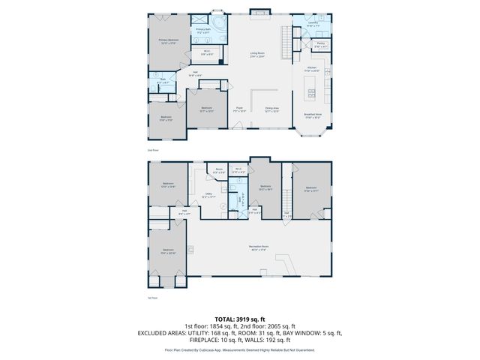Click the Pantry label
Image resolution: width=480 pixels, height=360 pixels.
pyautogui.click(x=320, y=45)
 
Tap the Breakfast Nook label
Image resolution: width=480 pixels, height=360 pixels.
pyautogui.click(x=313, y=116)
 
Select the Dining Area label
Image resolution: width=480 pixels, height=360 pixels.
pyautogui.click(x=272, y=109)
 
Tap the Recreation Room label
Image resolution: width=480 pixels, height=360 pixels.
pyautogui.click(x=259, y=248)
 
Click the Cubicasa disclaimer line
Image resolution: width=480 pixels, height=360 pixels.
pyautogui.click(x=239, y=349)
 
